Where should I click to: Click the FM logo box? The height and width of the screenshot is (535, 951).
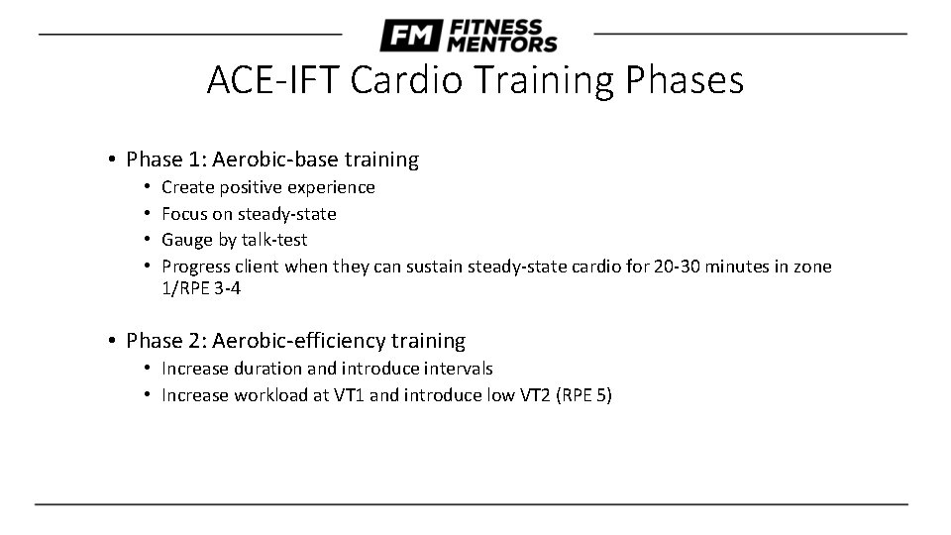[x=410, y=36]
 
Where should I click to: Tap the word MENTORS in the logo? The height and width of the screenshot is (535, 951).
[x=502, y=44]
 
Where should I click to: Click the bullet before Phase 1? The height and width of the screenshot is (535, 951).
[x=115, y=160]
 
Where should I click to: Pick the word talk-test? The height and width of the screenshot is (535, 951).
[x=273, y=240]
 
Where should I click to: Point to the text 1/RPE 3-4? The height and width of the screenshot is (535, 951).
[x=201, y=288]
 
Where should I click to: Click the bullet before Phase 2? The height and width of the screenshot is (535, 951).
[x=115, y=341]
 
